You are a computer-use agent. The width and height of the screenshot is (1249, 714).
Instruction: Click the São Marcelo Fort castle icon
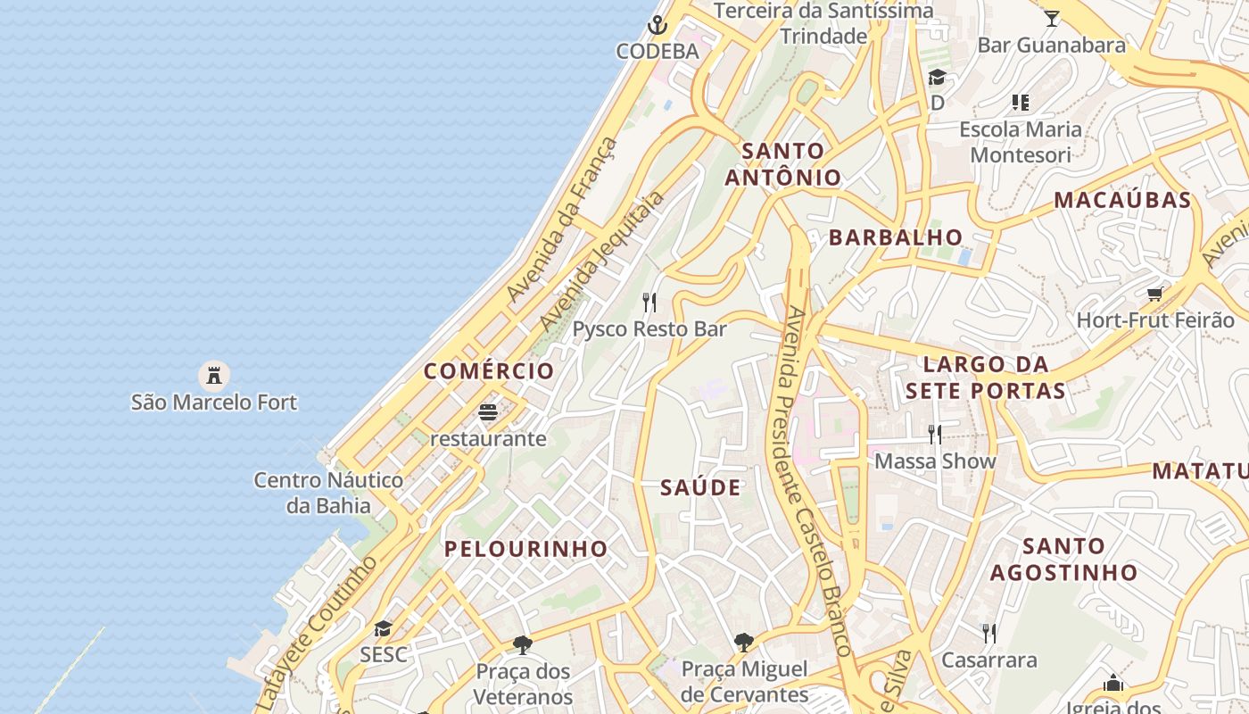214,375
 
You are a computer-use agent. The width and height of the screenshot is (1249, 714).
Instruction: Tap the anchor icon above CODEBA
658,25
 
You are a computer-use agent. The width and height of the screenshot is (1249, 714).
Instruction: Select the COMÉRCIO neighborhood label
489,371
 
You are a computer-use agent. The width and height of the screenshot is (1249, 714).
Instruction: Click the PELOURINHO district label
526,549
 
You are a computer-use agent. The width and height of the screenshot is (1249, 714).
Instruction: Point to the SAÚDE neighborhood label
701,487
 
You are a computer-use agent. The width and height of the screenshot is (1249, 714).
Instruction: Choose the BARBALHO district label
896,237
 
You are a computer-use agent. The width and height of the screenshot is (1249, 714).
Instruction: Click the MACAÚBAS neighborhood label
1122,200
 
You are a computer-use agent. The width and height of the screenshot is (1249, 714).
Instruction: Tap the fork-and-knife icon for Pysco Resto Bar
649,303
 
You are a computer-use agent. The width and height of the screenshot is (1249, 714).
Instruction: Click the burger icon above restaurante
488,412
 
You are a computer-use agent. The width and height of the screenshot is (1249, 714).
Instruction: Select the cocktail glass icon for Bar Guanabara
1052,18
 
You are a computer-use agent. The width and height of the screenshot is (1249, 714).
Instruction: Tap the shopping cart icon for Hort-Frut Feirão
1154,294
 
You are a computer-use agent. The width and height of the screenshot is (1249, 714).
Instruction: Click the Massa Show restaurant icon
935,435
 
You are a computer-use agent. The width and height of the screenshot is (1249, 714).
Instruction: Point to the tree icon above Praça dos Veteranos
523,644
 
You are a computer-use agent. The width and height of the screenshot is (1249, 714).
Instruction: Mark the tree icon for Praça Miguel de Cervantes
744,642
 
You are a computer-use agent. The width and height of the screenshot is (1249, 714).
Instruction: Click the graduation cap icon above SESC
383,628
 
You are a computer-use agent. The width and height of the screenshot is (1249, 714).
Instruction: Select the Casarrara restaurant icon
989,634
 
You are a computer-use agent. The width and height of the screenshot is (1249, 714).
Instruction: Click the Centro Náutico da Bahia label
328,493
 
